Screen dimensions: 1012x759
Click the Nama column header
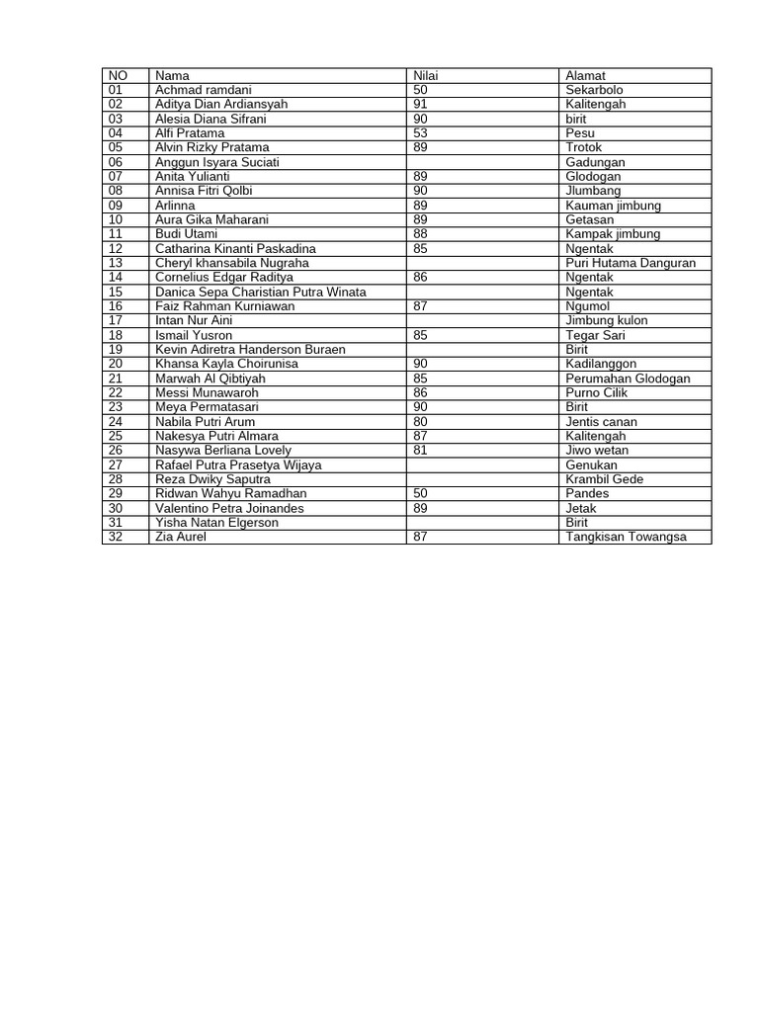[x=173, y=76]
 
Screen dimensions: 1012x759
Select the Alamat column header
[x=585, y=76]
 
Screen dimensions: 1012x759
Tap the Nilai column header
[x=425, y=76]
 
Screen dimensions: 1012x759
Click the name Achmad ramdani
[x=205, y=90]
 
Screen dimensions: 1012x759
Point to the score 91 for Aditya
[x=421, y=105]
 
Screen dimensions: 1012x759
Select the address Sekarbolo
[x=595, y=90]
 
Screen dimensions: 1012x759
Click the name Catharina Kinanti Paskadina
[x=235, y=249]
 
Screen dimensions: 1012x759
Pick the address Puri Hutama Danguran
[x=631, y=264]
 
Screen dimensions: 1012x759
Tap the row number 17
[x=116, y=321]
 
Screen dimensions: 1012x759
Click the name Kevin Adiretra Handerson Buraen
[x=250, y=350]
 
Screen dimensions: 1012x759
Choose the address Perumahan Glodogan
[x=628, y=379]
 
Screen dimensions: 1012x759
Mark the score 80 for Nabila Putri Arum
[x=421, y=422]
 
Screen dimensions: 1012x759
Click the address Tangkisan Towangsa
[x=626, y=538]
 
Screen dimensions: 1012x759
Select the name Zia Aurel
[x=181, y=538]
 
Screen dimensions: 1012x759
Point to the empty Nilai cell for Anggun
[x=482, y=162]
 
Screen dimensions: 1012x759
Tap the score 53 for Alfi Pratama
[x=421, y=133]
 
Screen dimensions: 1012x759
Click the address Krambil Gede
[x=605, y=479]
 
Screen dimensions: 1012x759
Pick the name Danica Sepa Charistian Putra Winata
[x=261, y=293]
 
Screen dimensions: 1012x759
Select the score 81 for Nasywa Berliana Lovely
[x=421, y=451]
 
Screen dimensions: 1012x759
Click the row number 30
[x=116, y=509]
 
